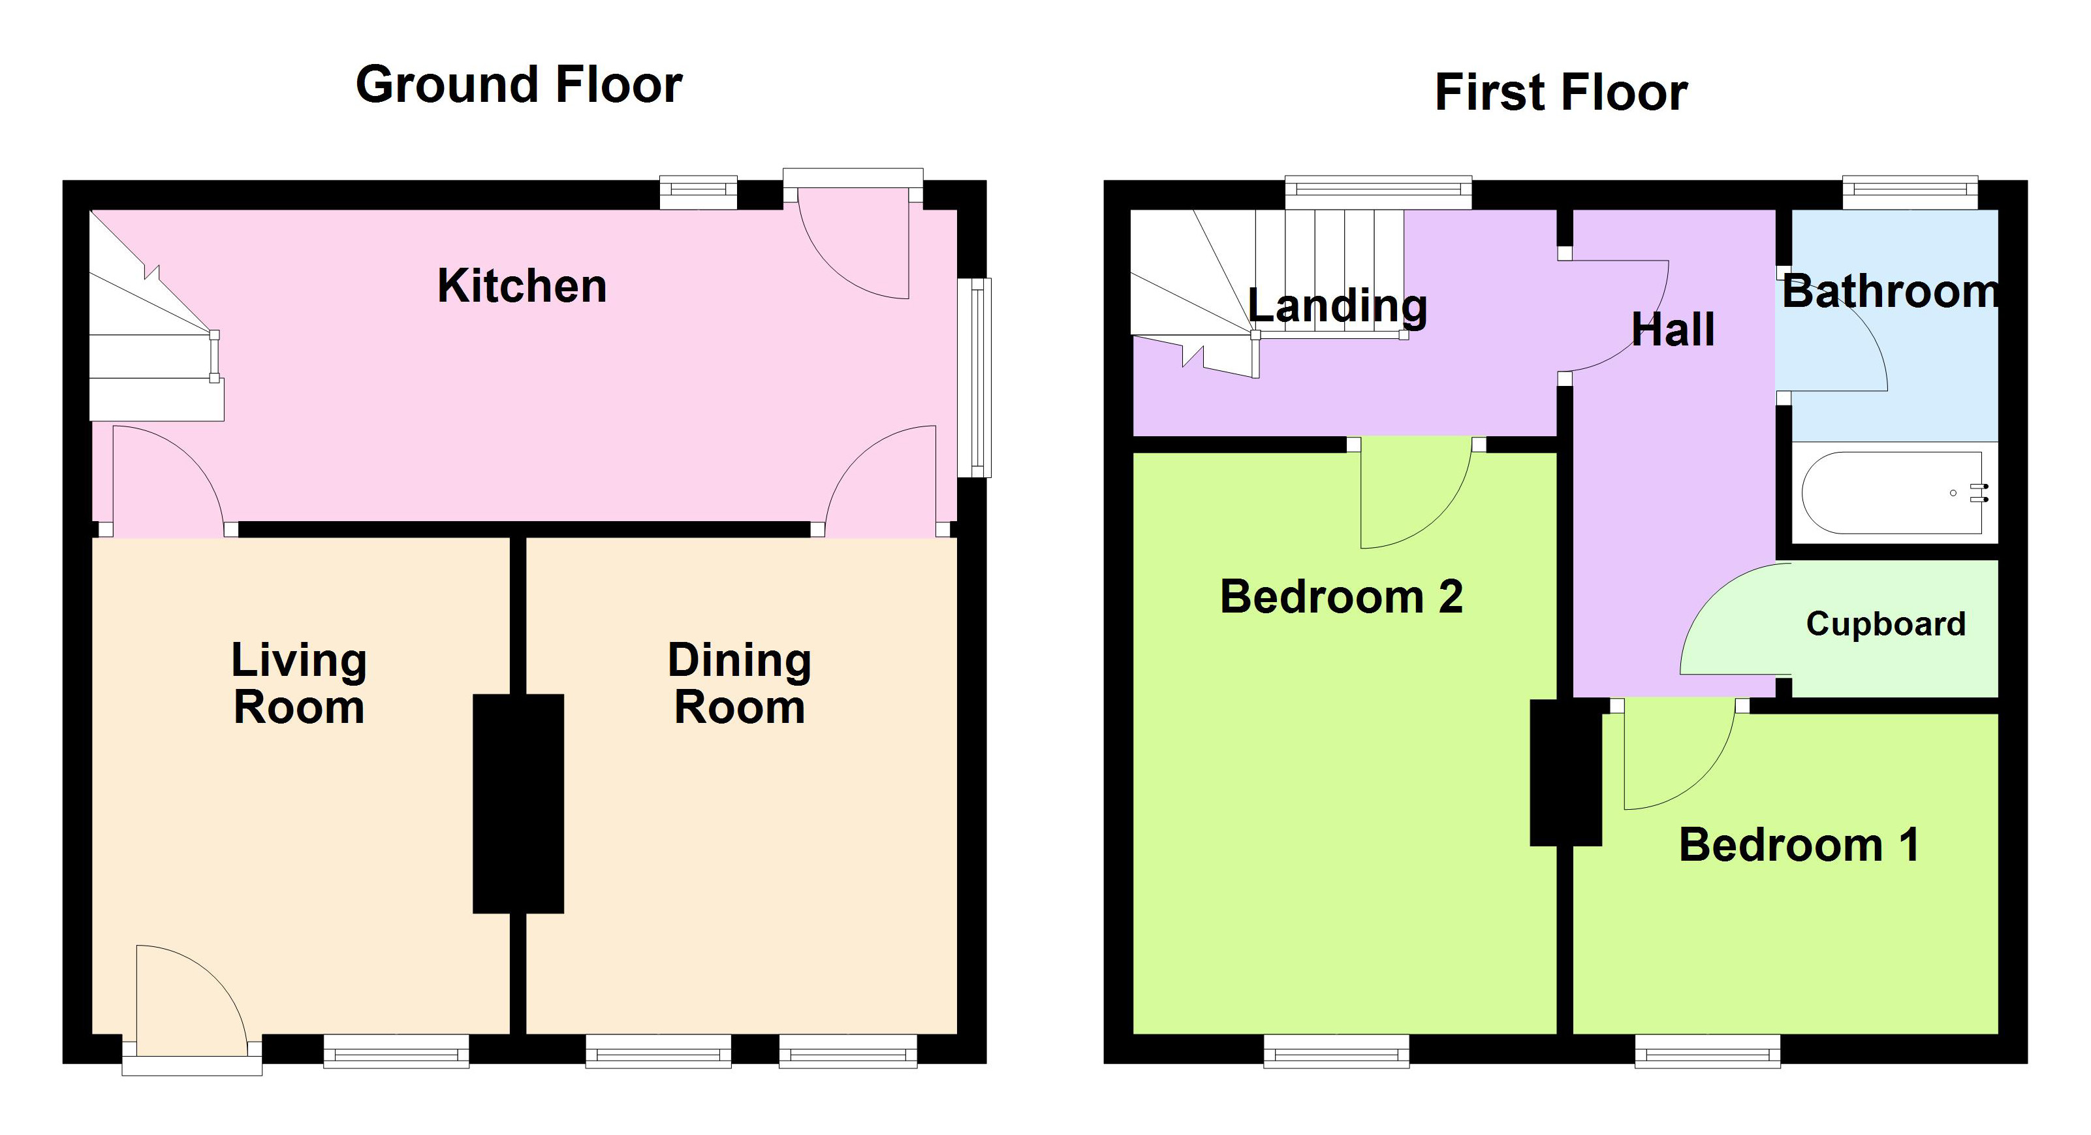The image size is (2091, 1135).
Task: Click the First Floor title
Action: click(x=1560, y=91)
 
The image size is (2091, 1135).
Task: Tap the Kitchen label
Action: click(x=522, y=286)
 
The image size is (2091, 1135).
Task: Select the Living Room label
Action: click(x=299, y=683)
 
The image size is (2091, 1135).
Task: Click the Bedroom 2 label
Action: click(x=1341, y=597)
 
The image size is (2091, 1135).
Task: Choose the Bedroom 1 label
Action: click(x=1799, y=845)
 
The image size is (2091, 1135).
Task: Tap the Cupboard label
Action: click(x=1885, y=624)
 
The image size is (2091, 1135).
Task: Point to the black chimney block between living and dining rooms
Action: click(x=518, y=803)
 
